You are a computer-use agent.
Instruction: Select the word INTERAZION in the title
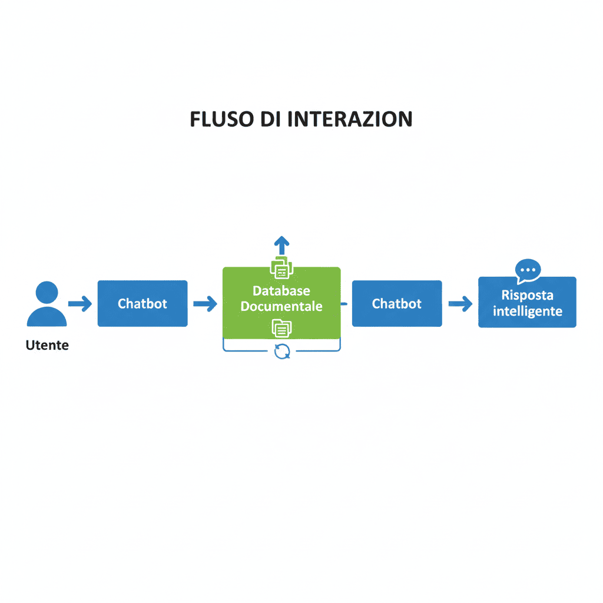pyautogui.click(x=350, y=119)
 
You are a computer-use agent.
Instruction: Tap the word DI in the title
pyautogui.click(x=271, y=119)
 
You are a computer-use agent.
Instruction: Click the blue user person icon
pyautogui.click(x=47, y=304)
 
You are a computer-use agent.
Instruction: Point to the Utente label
pyautogui.click(x=47, y=346)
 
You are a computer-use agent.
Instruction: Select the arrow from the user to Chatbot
pyautogui.click(x=80, y=304)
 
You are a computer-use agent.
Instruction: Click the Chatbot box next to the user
pyautogui.click(x=143, y=304)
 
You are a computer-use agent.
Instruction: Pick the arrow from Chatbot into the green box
pyautogui.click(x=205, y=304)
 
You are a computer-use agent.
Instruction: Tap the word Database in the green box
pyautogui.click(x=281, y=291)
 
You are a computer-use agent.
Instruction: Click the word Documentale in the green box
pyautogui.click(x=281, y=306)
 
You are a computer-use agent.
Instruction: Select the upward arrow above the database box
pyautogui.click(x=281, y=244)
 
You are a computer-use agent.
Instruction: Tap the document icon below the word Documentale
pyautogui.click(x=281, y=327)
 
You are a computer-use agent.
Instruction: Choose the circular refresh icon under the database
pyautogui.click(x=282, y=352)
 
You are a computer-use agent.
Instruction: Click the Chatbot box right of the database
pyautogui.click(x=397, y=304)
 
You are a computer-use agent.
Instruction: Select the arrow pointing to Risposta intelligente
pyautogui.click(x=460, y=304)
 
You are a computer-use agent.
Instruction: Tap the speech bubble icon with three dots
pyautogui.click(x=528, y=270)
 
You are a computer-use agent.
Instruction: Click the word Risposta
pyautogui.click(x=527, y=296)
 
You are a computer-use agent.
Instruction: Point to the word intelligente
pyautogui.click(x=527, y=311)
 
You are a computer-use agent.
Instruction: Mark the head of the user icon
pyautogui.click(x=47, y=293)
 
